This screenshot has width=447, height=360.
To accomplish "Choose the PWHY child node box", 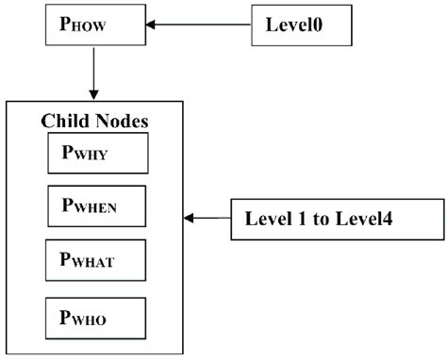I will pyautogui.click(x=97, y=154).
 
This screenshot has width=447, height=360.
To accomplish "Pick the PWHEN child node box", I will pyautogui.click(x=97, y=205).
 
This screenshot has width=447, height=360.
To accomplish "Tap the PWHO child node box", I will pyautogui.click(x=97, y=317).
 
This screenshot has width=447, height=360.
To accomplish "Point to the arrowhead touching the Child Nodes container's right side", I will pyautogui.click(x=189, y=219).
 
